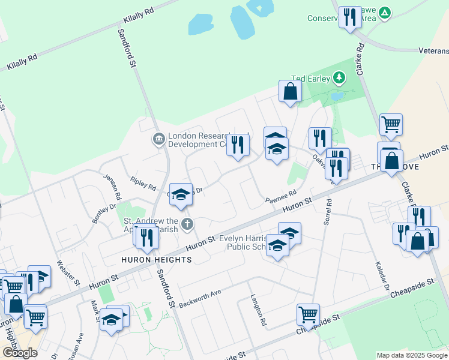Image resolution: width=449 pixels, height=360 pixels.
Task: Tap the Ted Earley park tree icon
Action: (339, 78)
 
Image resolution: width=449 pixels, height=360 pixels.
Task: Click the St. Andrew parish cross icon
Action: (187, 225)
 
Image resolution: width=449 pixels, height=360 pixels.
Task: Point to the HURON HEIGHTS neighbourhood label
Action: (156, 260)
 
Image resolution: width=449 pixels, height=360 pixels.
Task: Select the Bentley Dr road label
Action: (104, 214)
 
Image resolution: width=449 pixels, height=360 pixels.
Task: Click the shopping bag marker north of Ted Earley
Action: (290, 92)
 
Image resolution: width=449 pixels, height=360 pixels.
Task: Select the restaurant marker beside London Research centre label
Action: (238, 145)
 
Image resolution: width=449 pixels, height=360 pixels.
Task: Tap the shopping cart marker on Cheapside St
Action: (308, 314)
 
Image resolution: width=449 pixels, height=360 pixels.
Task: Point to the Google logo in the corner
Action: (20, 353)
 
